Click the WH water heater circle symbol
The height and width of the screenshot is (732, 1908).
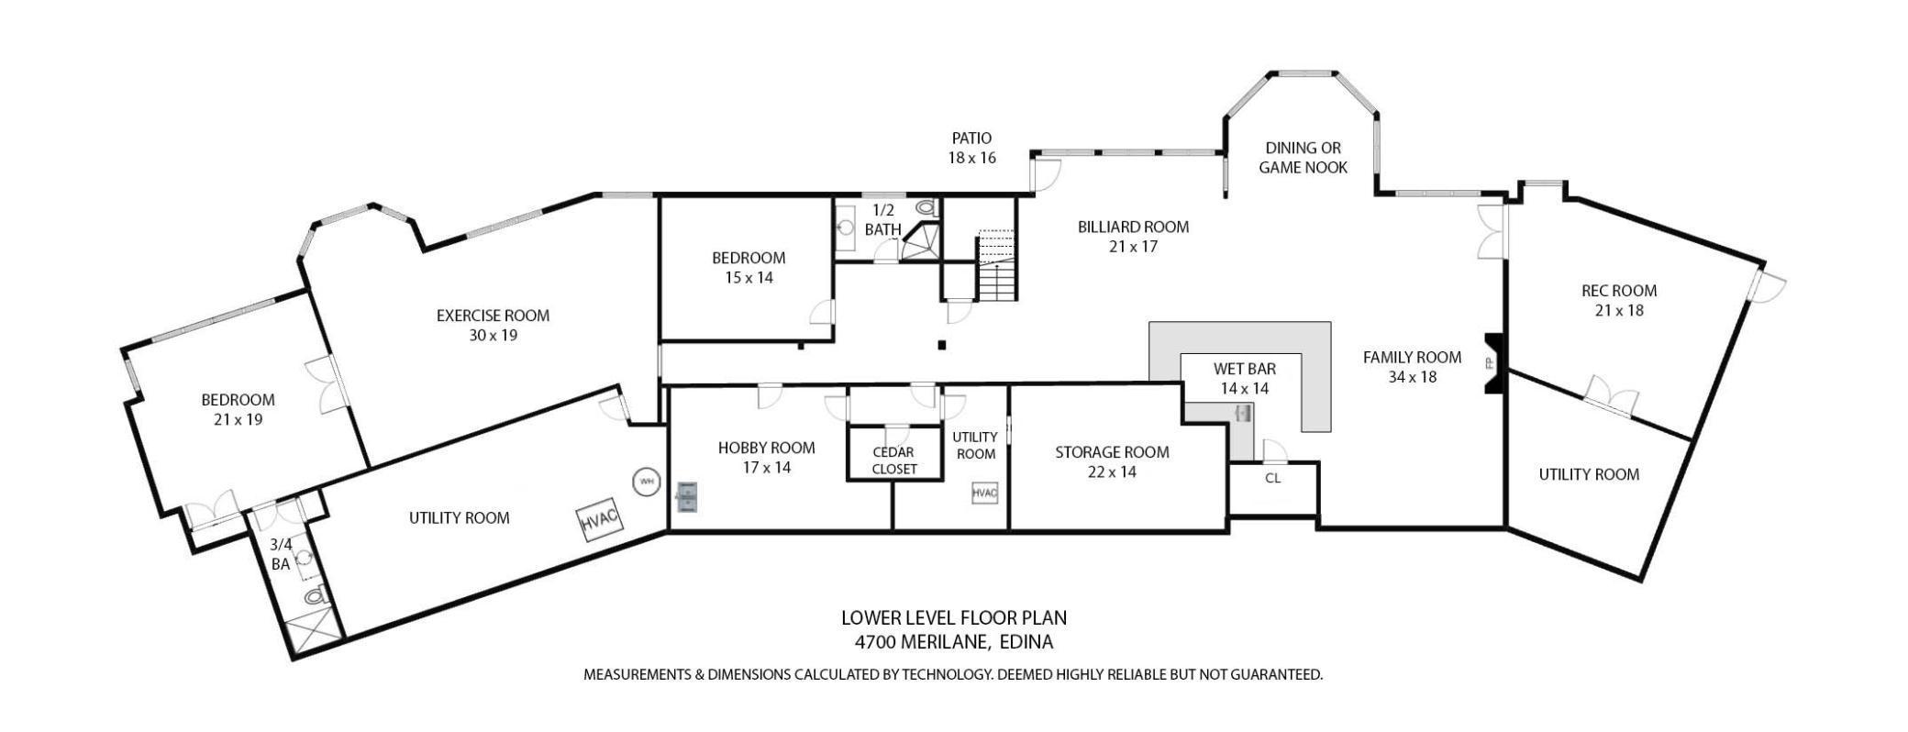[646, 482]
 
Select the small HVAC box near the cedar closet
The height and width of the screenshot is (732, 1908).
[983, 493]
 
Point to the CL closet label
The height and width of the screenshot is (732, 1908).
[1272, 478]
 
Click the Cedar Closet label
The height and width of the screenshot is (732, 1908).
[893, 460]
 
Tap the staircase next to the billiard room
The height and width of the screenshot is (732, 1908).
[997, 267]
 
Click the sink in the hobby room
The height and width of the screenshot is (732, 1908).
[687, 495]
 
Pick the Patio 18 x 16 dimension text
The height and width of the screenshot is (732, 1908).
[971, 158]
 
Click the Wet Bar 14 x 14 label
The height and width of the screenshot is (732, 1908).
[1244, 378]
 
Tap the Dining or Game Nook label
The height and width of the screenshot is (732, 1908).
[1303, 158]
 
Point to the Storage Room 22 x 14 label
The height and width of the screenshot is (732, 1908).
[1112, 461]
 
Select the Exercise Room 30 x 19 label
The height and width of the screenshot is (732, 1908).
[493, 325]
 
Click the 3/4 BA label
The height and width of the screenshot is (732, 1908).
[281, 554]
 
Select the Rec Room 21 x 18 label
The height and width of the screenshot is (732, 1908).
[1618, 300]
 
